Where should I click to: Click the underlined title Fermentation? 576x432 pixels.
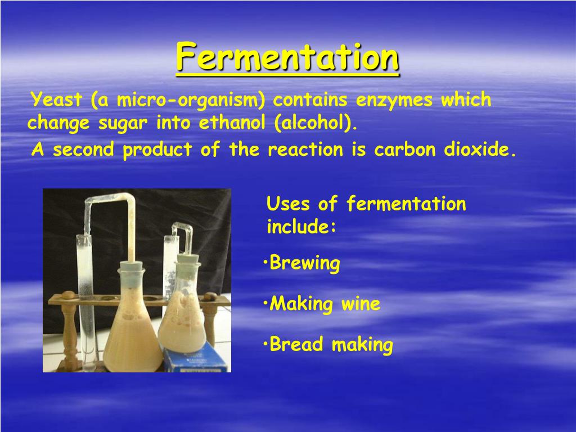(287, 58)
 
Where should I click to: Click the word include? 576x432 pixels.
(301, 227)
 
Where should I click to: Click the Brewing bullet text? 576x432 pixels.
(305, 263)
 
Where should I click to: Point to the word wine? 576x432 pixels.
(361, 304)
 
